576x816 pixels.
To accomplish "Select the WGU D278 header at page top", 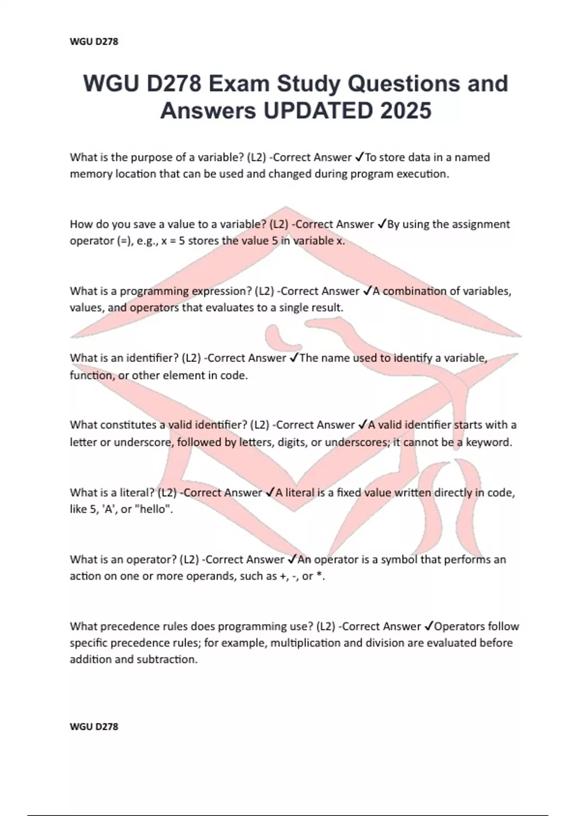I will (94, 42).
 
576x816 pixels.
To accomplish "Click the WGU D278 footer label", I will (94, 726).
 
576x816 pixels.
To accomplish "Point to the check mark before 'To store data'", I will (360, 157).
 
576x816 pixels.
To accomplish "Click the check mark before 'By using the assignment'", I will (382, 224).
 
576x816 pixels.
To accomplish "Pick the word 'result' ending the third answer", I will (327, 308).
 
